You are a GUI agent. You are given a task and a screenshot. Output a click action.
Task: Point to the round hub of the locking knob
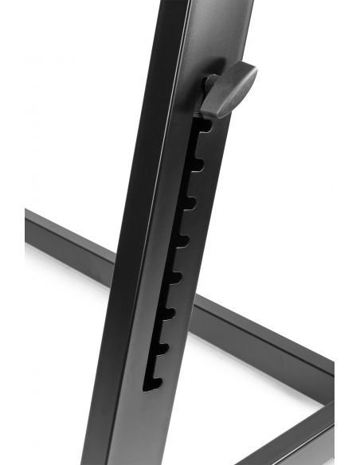pyautogui.click(x=211, y=83)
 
